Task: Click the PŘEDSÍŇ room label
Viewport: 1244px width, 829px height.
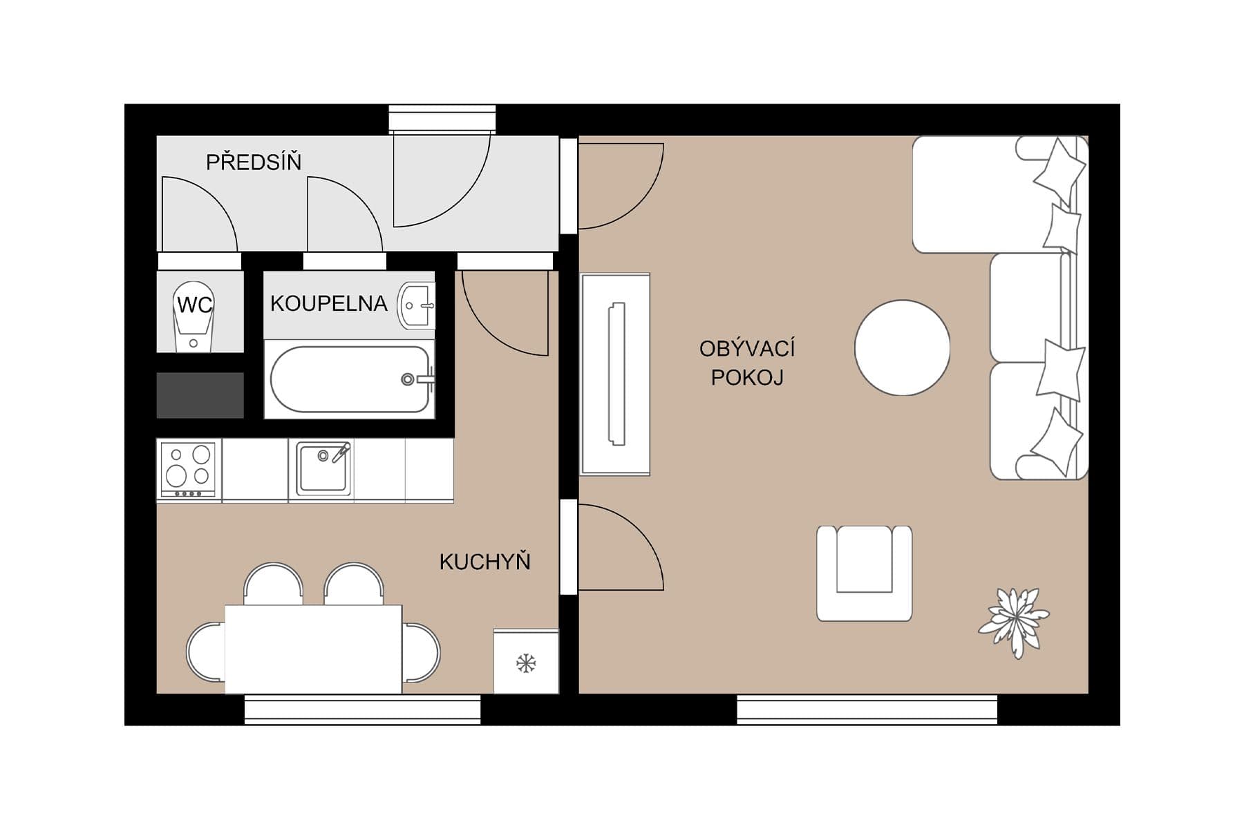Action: pyautogui.click(x=254, y=162)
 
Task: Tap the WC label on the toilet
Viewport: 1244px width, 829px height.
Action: pyautogui.click(x=194, y=305)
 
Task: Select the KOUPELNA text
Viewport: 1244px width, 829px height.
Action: pyautogui.click(x=328, y=303)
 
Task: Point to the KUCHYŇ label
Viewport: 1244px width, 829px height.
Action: pyautogui.click(x=484, y=562)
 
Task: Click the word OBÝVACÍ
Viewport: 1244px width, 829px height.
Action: pyautogui.click(x=747, y=349)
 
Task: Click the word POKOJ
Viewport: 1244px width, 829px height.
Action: pyautogui.click(x=747, y=378)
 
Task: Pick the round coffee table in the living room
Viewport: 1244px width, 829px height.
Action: pyautogui.click(x=902, y=347)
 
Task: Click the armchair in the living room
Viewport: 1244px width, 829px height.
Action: pyautogui.click(x=864, y=573)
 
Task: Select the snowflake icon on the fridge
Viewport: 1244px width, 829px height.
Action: pyautogui.click(x=526, y=664)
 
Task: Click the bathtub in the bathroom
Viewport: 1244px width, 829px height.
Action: pyautogui.click(x=349, y=380)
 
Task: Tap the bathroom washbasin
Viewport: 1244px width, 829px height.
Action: pyautogui.click(x=417, y=305)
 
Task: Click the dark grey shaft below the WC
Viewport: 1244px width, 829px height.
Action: pyautogui.click(x=200, y=395)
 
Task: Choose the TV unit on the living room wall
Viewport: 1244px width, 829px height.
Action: pyautogui.click(x=615, y=374)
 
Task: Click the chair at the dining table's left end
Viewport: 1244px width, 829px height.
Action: pyautogui.click(x=204, y=651)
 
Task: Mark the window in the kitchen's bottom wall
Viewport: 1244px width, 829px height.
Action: pyautogui.click(x=362, y=709)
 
